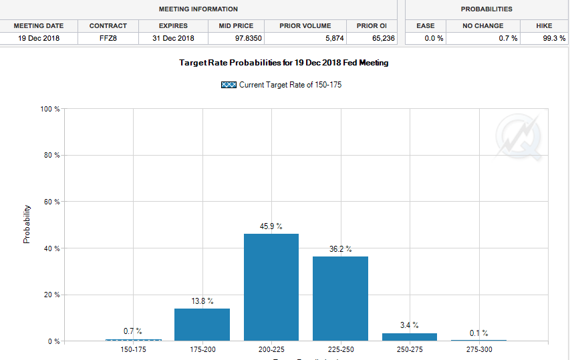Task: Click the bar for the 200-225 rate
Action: point(271,287)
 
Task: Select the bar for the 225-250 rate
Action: point(340,299)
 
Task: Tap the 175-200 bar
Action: point(202,325)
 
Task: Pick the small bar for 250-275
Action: point(410,337)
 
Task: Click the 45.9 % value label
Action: point(271,226)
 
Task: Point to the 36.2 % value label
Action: point(340,249)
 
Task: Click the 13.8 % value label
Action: point(202,301)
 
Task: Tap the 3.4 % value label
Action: point(410,325)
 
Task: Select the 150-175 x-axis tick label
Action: point(133,349)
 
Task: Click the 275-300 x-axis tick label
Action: point(478,349)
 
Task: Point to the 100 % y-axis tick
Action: point(50,109)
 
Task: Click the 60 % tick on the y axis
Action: point(51,202)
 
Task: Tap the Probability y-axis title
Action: point(27,224)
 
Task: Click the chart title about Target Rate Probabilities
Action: point(283,63)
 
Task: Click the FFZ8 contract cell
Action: point(108,38)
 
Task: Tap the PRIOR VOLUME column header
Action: point(305,25)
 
